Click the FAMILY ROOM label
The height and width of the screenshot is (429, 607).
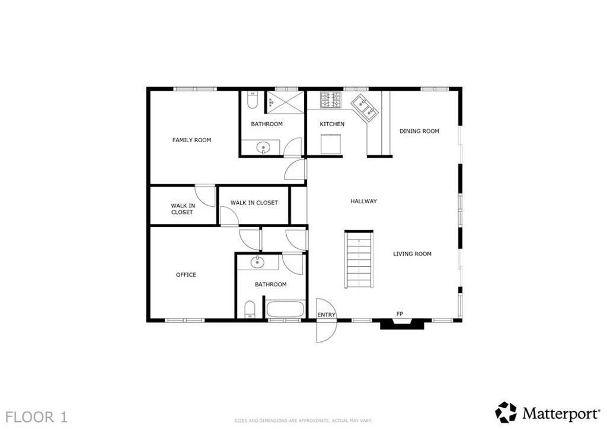191,140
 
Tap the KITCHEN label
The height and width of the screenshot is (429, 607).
332,124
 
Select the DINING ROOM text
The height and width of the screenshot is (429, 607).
419,131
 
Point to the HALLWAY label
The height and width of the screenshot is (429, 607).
363,201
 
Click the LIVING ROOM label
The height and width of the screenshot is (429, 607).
413,254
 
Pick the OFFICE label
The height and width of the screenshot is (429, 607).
186,275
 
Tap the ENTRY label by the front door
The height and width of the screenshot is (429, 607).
327,315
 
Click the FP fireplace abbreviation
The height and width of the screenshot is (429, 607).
400,314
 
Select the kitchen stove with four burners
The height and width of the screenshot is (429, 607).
331,100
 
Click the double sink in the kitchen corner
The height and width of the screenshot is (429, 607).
365,108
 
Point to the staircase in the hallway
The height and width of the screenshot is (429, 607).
359,259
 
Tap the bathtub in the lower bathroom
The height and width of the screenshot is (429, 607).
285,309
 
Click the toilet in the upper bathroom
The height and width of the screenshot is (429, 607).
252,100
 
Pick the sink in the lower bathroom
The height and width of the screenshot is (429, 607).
257,262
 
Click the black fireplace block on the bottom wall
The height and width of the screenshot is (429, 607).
402,324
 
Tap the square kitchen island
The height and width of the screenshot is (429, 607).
331,144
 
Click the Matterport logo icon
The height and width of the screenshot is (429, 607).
506,412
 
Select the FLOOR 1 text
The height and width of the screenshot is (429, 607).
37,417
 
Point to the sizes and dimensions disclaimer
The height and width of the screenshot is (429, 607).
303,421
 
